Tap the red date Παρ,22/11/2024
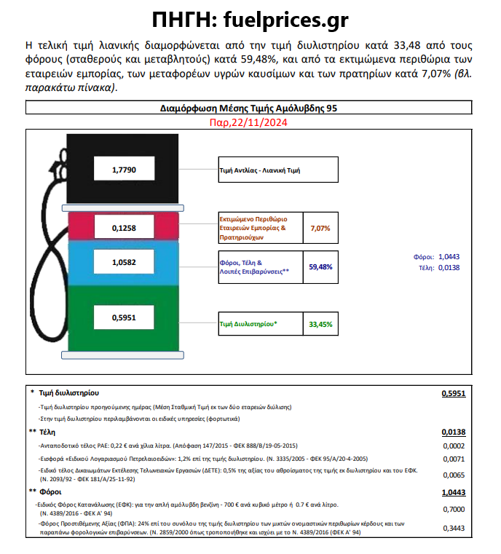[x=250, y=123]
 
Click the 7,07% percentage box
[x=320, y=228]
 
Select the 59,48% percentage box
[x=320, y=266]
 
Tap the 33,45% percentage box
[x=320, y=323]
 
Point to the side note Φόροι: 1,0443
[x=433, y=257]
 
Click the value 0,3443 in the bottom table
[x=454, y=529]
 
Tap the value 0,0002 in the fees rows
[x=454, y=446]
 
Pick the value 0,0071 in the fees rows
[x=454, y=460]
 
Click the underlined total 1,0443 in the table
[x=453, y=493]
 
